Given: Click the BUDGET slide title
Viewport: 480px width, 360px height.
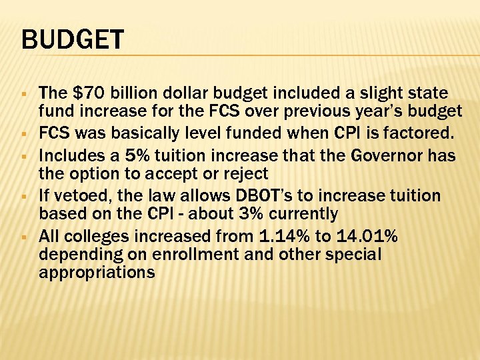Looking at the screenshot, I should tap(73, 39).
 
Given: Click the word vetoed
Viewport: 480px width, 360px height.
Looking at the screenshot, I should tap(79, 196).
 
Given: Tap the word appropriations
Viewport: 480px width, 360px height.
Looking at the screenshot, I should tap(97, 273).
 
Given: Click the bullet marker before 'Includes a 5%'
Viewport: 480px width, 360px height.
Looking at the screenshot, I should tap(24, 157).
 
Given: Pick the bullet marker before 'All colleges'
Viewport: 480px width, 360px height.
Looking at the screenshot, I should tap(24, 237).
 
